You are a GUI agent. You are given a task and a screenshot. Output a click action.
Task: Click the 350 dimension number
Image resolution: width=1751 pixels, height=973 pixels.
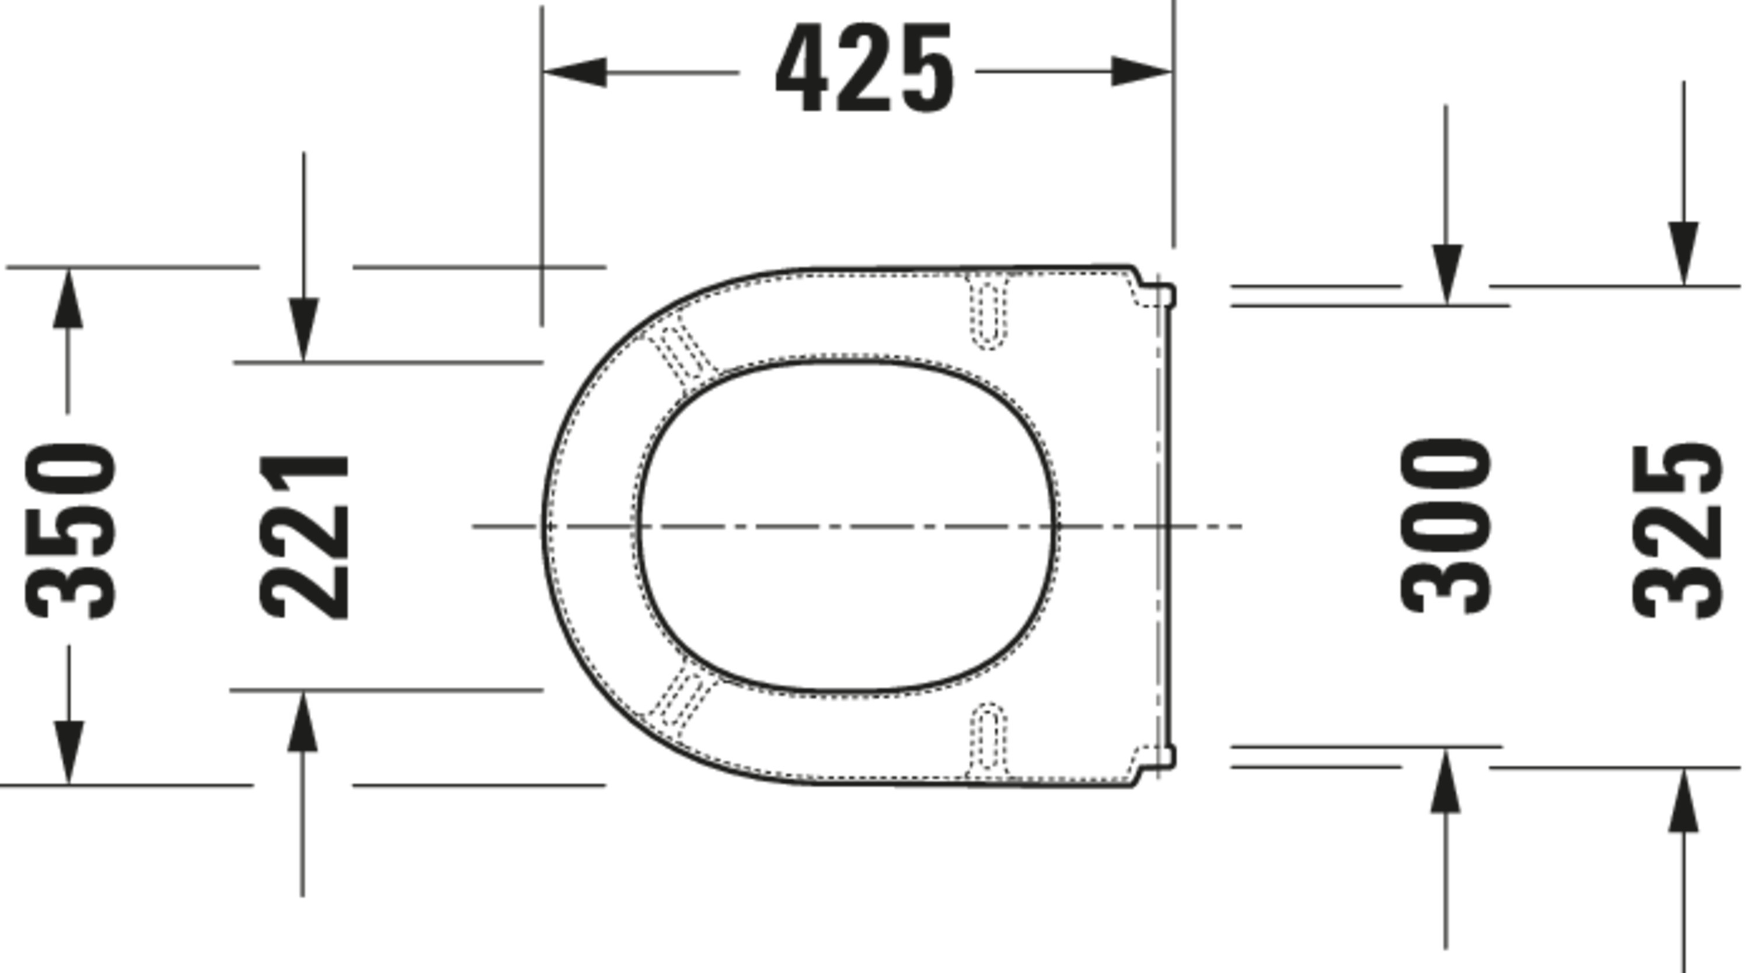[x=69, y=530]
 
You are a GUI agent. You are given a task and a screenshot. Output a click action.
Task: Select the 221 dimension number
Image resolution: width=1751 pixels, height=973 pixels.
[x=305, y=537]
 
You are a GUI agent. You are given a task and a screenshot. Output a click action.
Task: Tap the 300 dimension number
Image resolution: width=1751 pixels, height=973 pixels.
[x=1446, y=527]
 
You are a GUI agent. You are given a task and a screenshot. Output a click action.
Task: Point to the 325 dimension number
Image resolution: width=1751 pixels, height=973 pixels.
[x=1677, y=531]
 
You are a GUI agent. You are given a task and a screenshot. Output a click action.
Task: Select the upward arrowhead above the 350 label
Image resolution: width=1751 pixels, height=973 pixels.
[x=67, y=299]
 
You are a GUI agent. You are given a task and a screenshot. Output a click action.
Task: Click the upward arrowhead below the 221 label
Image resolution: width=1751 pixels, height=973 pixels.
[x=302, y=722]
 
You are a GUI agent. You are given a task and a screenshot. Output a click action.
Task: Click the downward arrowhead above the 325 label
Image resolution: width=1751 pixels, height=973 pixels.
[x=1684, y=252]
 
